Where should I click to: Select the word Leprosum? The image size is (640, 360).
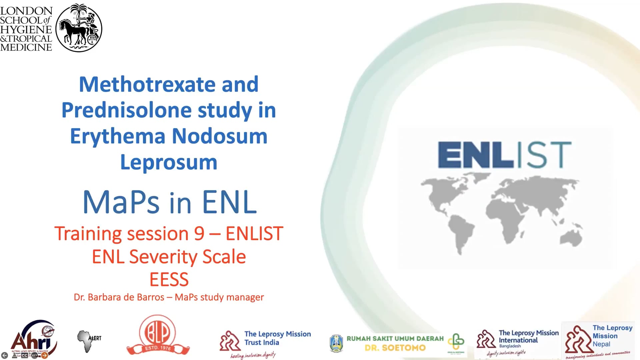pos(169,162)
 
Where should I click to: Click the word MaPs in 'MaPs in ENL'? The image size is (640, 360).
pos(121,202)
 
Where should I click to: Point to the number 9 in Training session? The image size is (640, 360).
pos(199,233)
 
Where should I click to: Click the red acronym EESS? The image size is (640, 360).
pos(169,279)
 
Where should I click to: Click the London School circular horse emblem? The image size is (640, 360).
pos(79,28)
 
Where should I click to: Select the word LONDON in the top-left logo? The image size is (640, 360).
pos(26,11)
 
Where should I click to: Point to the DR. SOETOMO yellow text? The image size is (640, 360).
pos(395,348)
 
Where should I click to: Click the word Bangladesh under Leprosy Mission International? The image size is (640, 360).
pos(510,346)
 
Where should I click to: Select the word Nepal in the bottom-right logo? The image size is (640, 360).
pos(601,344)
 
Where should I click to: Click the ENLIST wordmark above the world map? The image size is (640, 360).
pos(504,154)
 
